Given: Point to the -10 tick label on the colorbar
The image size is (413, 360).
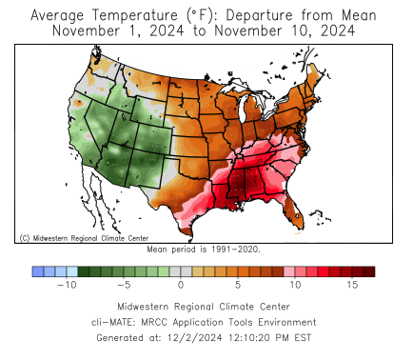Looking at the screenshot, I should (x=66, y=284).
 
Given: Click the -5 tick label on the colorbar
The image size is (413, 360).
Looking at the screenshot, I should (x=123, y=284).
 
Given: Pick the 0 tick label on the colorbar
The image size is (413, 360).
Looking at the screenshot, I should (x=181, y=284).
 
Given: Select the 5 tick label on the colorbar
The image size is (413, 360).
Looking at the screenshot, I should (x=238, y=284).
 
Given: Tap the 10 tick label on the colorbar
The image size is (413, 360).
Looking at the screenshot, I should (x=295, y=284).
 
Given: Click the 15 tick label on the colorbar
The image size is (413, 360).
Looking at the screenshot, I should (x=352, y=284).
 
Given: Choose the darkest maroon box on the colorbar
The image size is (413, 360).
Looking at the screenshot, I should (x=369, y=270).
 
